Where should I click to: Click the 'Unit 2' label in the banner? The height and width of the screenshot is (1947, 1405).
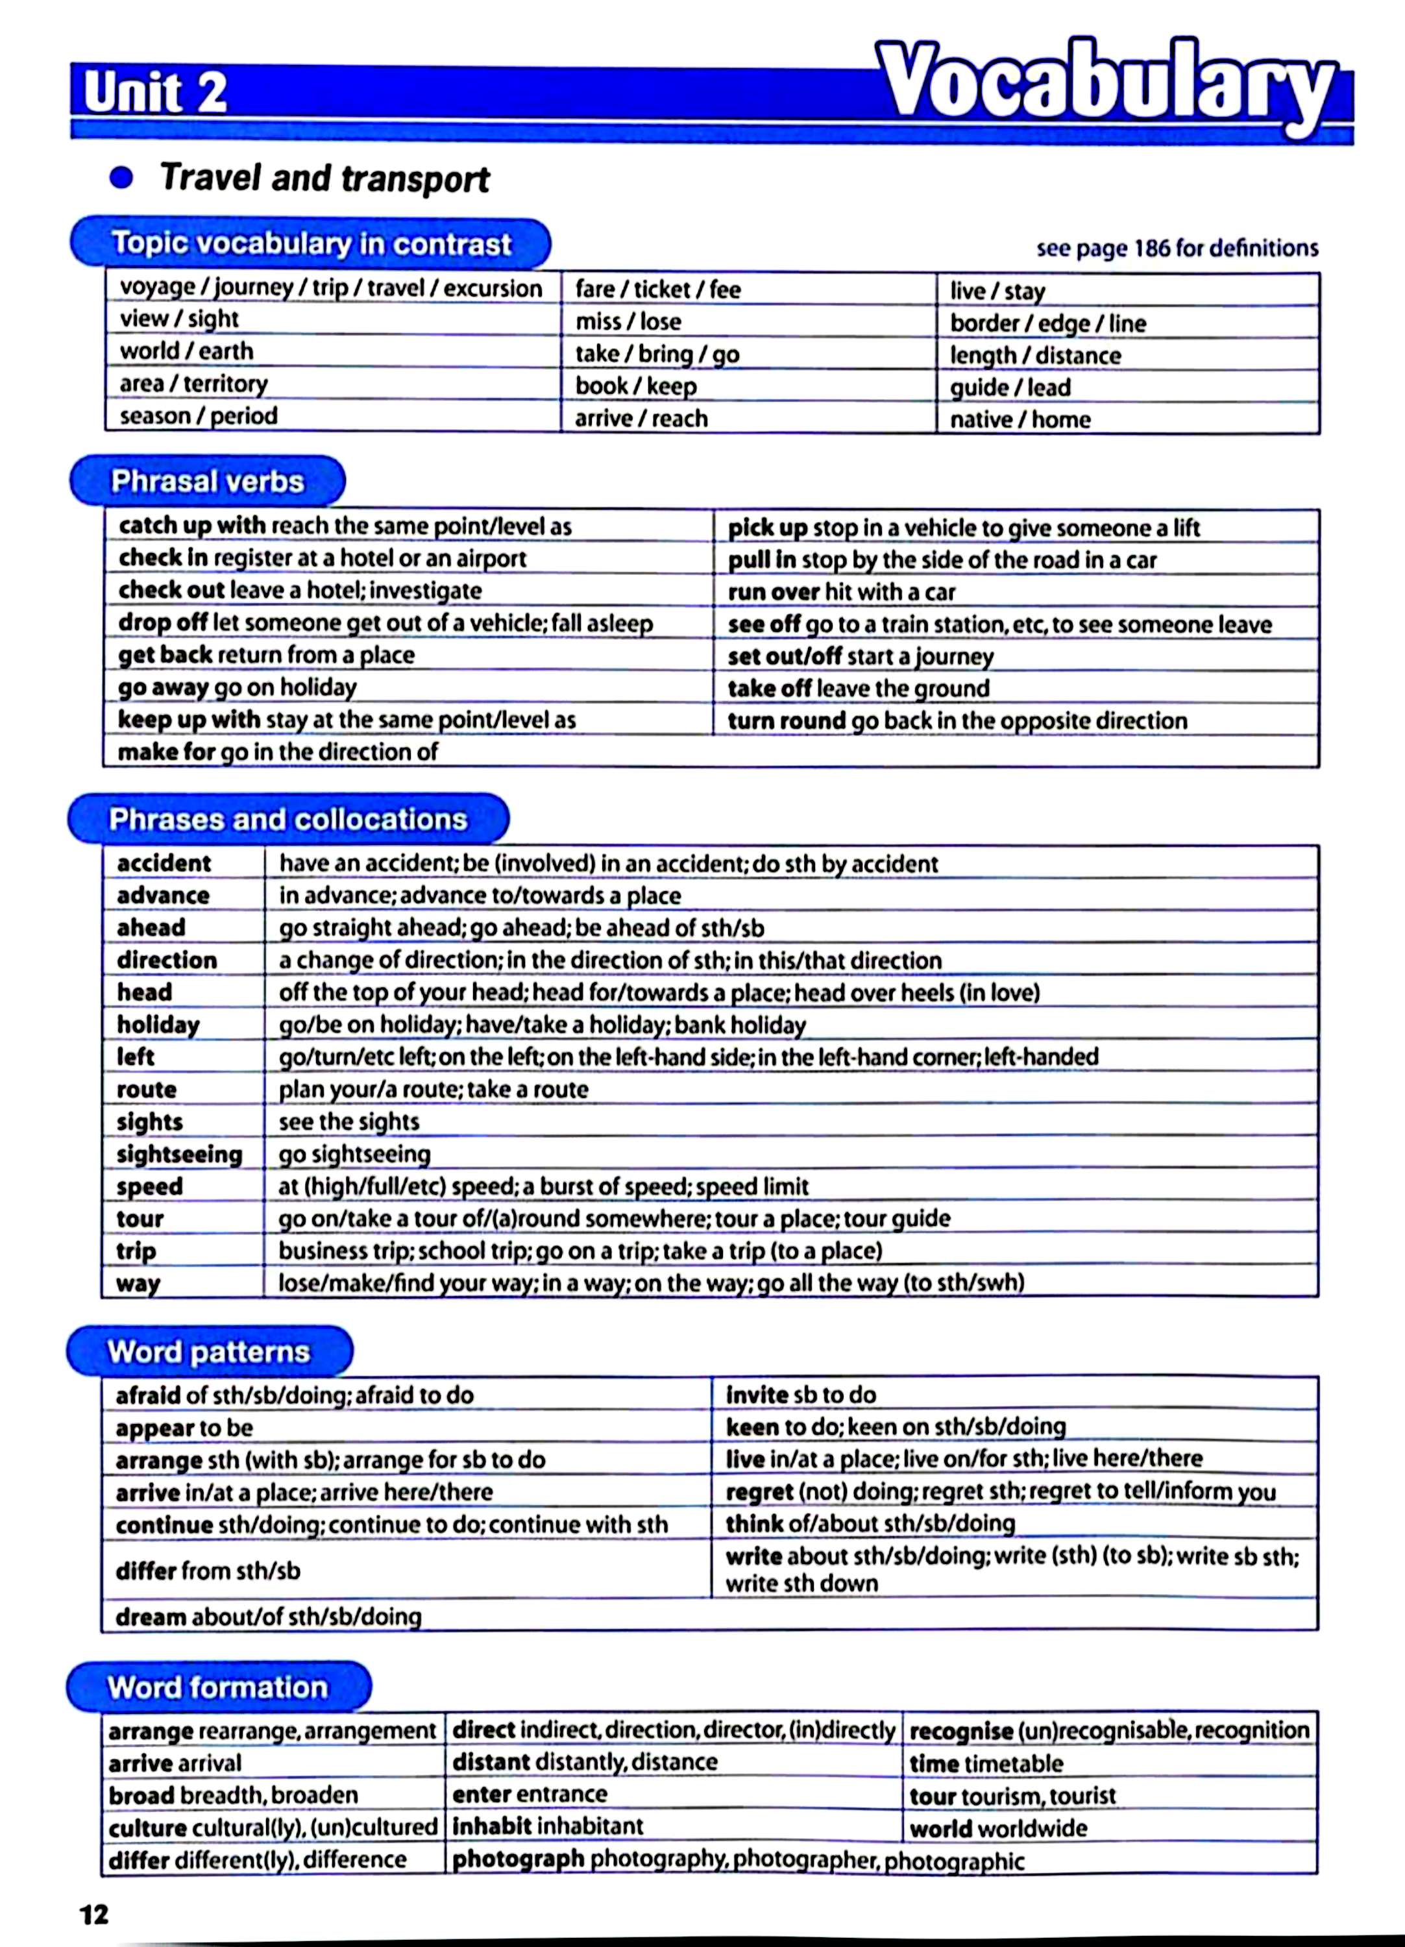(155, 93)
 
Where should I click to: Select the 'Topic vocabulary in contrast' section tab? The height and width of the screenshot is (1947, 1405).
(311, 244)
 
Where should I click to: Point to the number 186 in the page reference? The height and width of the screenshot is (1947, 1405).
(1153, 249)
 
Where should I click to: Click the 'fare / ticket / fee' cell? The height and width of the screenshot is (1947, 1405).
(657, 289)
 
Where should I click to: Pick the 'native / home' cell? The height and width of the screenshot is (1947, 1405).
(1020, 420)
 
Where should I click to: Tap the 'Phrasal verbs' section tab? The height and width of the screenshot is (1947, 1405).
(208, 482)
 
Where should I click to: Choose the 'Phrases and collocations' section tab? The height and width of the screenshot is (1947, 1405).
(288, 820)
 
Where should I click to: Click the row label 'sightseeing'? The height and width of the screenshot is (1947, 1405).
(179, 1155)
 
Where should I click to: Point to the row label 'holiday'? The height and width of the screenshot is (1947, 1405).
(158, 1025)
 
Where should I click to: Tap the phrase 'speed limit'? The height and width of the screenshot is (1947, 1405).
(752, 1186)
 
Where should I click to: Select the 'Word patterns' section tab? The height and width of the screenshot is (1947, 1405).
(208, 1352)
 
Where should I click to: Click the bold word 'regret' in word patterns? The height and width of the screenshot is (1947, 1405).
(759, 1493)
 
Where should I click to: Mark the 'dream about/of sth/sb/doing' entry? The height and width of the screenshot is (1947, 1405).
(269, 1617)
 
